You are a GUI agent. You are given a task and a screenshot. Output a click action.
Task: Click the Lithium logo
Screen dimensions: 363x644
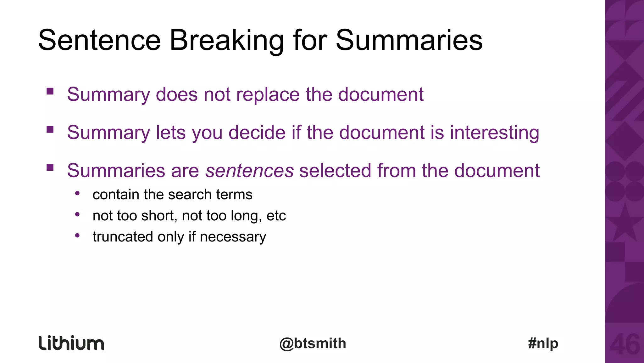coord(71,343)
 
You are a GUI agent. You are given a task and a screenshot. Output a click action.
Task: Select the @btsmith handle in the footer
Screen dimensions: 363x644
coord(313,343)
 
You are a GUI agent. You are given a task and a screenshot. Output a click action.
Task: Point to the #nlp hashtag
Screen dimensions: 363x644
coord(543,343)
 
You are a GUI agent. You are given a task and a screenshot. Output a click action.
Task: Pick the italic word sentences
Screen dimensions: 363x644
coord(249,171)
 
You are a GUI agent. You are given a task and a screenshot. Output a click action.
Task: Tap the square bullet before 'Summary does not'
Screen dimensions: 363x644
coord(50,91)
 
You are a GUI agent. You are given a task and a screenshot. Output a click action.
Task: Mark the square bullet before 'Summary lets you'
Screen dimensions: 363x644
coord(50,129)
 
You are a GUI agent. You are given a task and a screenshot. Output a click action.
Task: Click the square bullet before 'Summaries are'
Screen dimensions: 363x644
coord(50,167)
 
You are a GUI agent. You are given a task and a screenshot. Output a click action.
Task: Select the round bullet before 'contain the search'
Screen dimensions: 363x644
coord(77,193)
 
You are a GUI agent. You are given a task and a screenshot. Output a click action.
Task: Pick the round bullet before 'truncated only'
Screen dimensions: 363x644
coord(77,235)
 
